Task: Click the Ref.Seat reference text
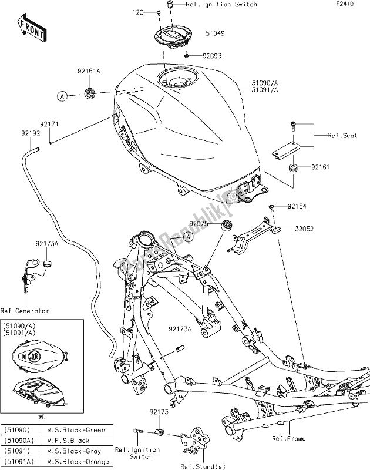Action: click(343, 135)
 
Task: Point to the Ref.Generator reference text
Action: click(25, 311)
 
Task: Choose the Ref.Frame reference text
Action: click(288, 438)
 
